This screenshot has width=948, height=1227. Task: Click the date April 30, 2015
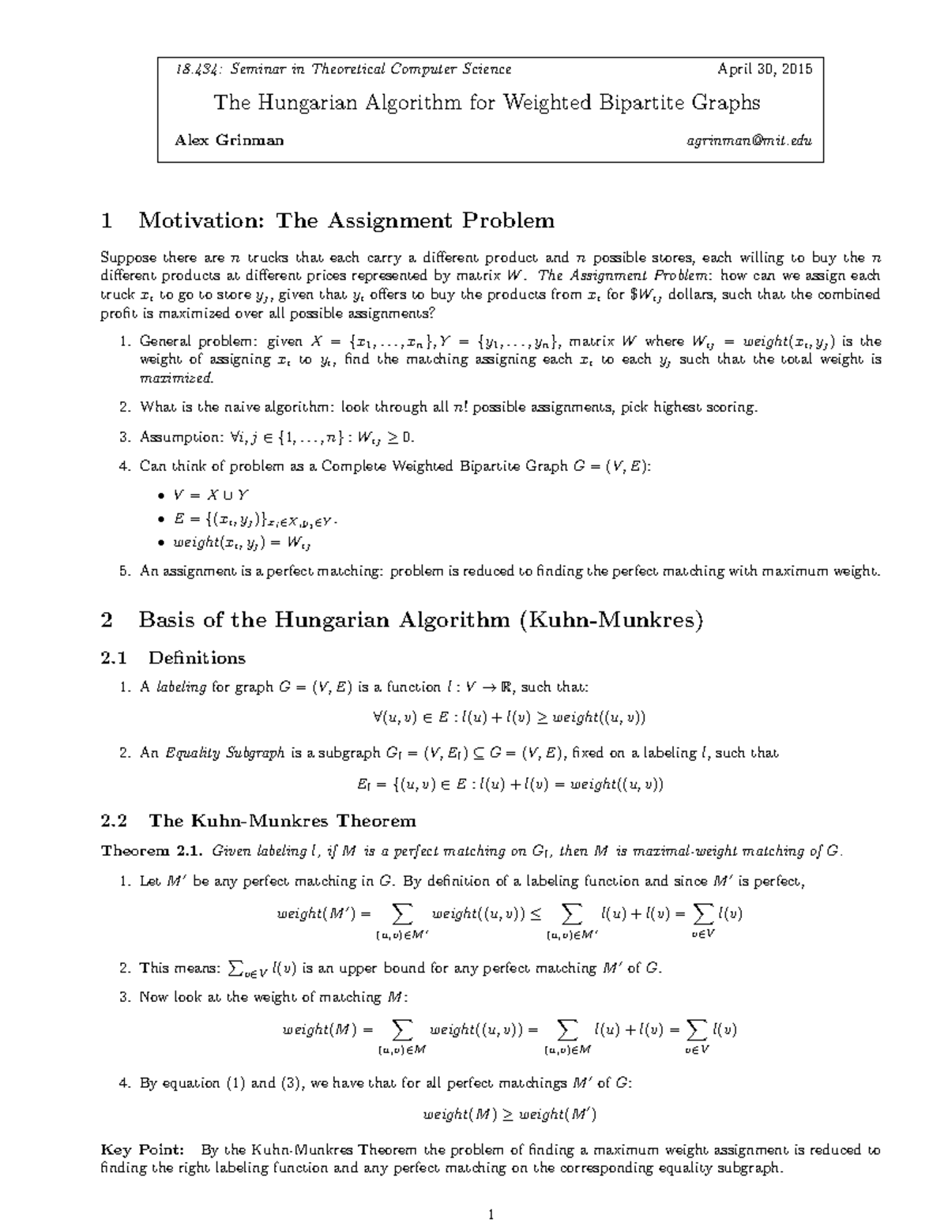pyautogui.click(x=764, y=70)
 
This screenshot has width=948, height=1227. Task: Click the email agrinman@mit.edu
pyautogui.click(x=749, y=141)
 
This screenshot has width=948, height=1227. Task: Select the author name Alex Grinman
pyautogui.click(x=229, y=141)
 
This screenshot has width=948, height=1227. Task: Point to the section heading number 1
pyautogui.click(x=107, y=220)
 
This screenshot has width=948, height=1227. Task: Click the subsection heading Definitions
pyautogui.click(x=197, y=658)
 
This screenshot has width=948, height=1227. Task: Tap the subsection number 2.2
pyautogui.click(x=115, y=820)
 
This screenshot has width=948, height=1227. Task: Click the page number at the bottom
pyautogui.click(x=491, y=1214)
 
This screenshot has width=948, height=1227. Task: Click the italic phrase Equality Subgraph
pyautogui.click(x=224, y=753)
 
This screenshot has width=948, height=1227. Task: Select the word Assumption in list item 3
pyautogui.click(x=171, y=437)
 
